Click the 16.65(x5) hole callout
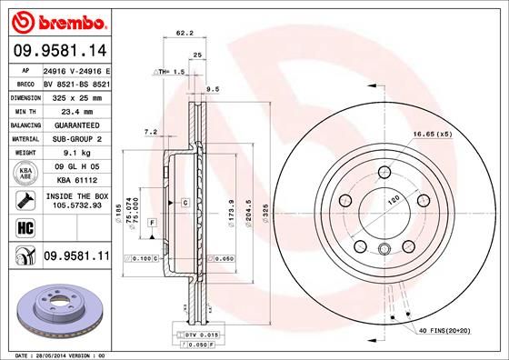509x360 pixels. pos(432,135)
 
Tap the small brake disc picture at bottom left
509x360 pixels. pos(57,309)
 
